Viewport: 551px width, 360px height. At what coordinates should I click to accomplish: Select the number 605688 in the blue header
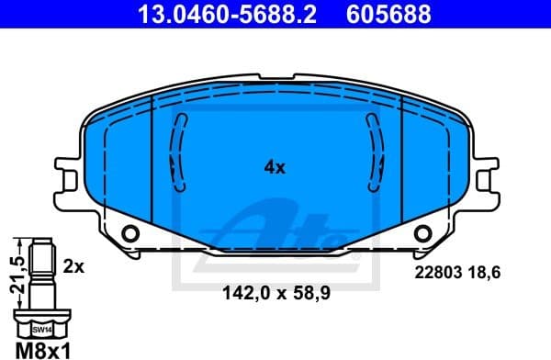[386, 14]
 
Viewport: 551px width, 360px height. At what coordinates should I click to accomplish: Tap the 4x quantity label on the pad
[275, 168]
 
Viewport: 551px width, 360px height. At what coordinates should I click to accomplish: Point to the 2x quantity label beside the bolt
[73, 267]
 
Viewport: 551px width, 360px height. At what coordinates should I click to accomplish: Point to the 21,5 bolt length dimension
[14, 274]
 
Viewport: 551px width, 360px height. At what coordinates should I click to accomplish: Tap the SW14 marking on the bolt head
[40, 328]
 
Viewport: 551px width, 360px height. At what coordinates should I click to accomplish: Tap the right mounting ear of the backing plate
[486, 180]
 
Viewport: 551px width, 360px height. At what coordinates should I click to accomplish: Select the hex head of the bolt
[40, 323]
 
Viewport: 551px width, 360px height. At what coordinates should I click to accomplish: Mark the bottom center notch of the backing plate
[275, 250]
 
